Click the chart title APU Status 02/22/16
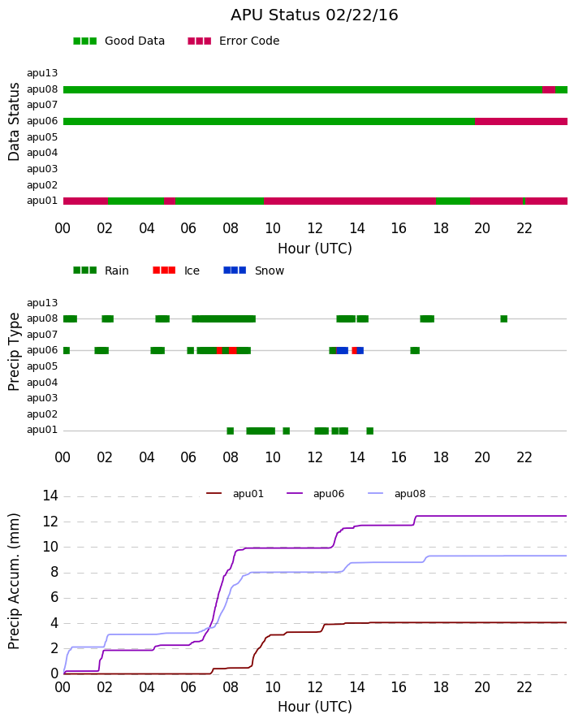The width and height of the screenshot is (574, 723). click(x=314, y=15)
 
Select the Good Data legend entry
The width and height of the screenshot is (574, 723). click(x=119, y=41)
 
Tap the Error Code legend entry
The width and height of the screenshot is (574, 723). click(x=234, y=41)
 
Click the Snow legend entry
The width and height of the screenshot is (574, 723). click(x=254, y=271)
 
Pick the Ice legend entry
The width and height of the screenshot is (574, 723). click(x=176, y=271)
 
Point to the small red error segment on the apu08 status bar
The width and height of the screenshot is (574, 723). click(x=549, y=90)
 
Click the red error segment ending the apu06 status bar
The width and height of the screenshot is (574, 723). click(x=521, y=122)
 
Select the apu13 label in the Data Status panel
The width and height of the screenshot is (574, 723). click(x=42, y=73)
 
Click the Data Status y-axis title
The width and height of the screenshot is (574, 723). click(x=14, y=122)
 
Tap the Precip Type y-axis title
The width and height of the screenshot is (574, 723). click(x=14, y=352)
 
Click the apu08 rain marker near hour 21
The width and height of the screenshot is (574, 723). click(x=504, y=319)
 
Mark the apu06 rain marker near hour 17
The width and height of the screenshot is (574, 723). click(x=415, y=351)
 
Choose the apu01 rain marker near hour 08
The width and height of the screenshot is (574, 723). click(x=231, y=431)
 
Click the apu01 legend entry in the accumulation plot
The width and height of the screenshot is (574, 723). click(x=235, y=494)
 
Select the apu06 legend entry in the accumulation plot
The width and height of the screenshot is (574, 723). click(x=316, y=494)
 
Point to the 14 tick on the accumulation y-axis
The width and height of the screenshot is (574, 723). click(x=50, y=496)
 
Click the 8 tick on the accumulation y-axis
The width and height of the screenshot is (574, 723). click(x=54, y=573)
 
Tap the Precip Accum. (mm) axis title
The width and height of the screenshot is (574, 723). click(x=14, y=582)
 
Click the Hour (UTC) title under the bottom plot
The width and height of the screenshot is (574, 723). click(x=315, y=707)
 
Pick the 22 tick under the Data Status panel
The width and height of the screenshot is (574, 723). click(x=524, y=228)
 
